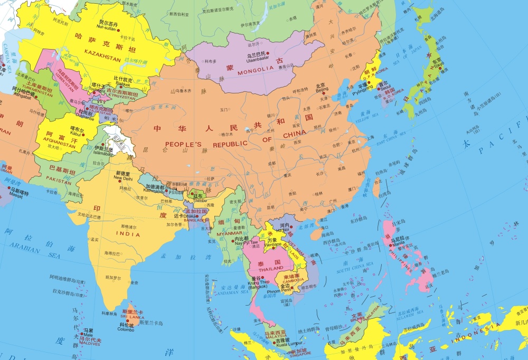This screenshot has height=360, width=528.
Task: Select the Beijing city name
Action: pyautogui.click(x=322, y=90)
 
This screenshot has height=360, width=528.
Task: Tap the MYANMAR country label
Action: pyautogui.click(x=229, y=233)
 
